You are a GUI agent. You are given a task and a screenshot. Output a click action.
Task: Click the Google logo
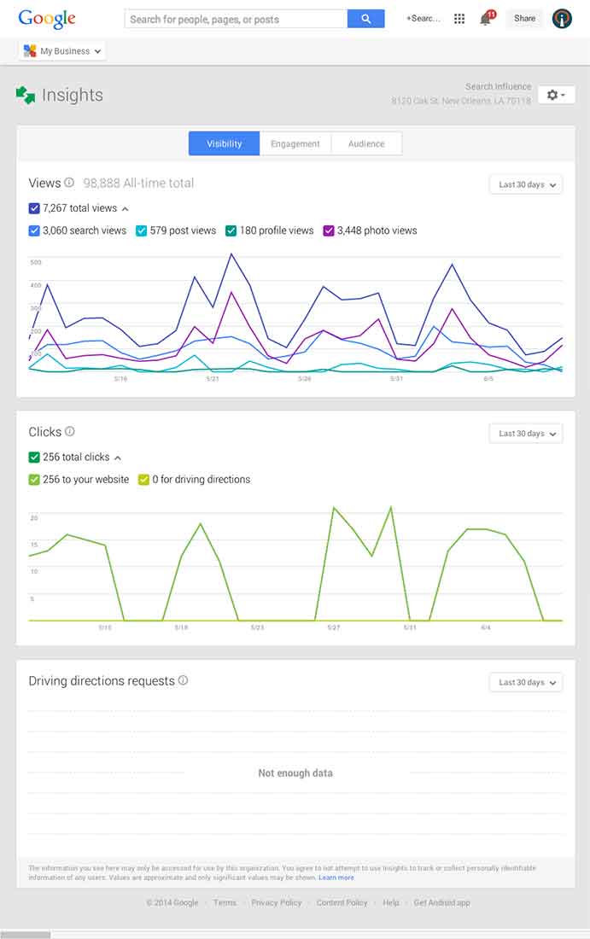point(47,19)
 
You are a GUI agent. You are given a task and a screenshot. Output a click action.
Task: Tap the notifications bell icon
point(486,19)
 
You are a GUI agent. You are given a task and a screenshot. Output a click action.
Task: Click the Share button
point(524,19)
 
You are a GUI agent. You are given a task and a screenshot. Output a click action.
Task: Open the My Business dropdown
point(62,51)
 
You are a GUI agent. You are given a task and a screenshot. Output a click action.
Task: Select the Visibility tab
point(224,144)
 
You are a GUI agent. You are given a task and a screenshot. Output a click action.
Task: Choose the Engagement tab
point(295,144)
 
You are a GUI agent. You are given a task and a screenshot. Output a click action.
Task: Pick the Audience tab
point(366,144)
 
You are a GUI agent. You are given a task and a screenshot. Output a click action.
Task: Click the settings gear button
point(556,95)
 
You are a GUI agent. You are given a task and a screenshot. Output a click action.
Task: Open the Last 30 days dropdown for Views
point(526,184)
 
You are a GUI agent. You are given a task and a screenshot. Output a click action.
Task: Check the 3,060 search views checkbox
point(34,230)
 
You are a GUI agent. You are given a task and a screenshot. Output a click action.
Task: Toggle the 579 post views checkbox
point(142,230)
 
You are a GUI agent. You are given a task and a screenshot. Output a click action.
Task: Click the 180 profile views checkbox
point(231,230)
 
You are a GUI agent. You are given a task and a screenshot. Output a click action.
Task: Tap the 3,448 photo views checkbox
point(329,230)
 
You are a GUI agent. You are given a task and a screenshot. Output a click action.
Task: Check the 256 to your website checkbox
point(34,480)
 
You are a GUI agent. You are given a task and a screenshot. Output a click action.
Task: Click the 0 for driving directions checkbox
point(144,480)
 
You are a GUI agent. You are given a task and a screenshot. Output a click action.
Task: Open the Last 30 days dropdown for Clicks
point(526,434)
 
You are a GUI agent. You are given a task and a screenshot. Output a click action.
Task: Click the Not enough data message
point(295,773)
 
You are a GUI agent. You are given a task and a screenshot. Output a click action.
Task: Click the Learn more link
point(336,878)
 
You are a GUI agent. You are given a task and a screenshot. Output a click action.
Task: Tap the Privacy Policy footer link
point(277,902)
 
